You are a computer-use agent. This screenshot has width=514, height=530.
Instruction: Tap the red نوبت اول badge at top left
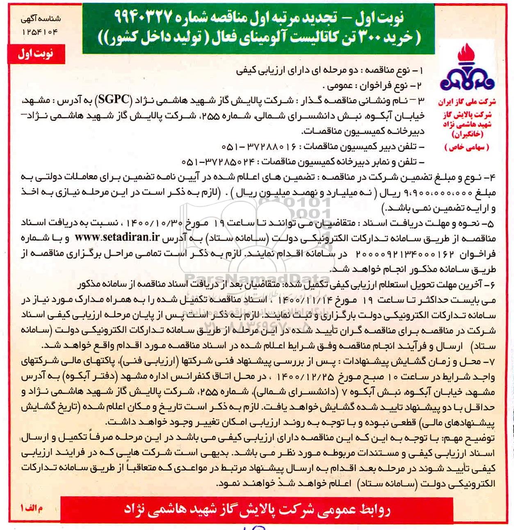36,55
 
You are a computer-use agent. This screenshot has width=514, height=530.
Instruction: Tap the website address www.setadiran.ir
117,237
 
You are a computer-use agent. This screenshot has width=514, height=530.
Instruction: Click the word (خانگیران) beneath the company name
467,134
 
